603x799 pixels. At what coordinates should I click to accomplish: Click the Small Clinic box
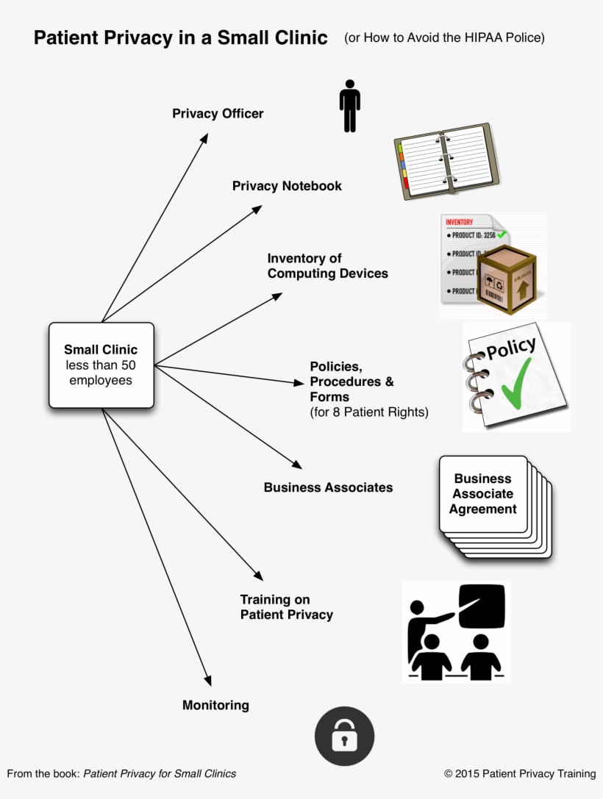[101, 365]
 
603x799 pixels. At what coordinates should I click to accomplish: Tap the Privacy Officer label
[218, 113]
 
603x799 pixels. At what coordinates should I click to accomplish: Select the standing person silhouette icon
[349, 106]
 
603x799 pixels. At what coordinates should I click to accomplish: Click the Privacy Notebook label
[287, 186]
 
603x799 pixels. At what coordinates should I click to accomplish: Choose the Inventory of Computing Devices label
[327, 266]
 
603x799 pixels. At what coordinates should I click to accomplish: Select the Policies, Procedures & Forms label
[352, 381]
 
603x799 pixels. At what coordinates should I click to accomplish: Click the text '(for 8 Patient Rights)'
[368, 412]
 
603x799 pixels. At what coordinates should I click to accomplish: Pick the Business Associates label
[328, 487]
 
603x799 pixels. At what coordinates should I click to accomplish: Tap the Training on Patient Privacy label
[286, 607]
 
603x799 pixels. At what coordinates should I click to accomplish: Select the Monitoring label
[215, 706]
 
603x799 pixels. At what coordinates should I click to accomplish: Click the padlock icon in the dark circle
[344, 737]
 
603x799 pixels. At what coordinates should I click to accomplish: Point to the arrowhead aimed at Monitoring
[208, 680]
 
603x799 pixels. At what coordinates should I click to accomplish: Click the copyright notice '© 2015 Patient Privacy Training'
[519, 773]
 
